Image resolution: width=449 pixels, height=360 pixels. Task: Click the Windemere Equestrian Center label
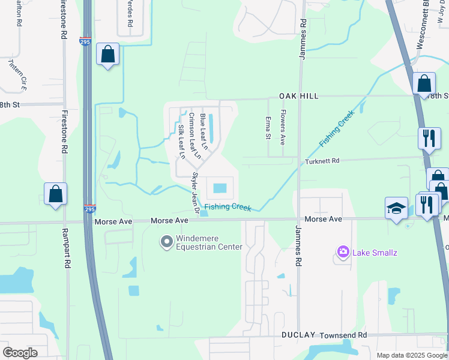[x=209, y=242]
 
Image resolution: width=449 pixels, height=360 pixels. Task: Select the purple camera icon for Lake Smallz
[x=343, y=252]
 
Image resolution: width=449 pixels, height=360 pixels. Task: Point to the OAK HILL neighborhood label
[x=298, y=96]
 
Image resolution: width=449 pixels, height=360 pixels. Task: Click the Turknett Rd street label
[x=322, y=161]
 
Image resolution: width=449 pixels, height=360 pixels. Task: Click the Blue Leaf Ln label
[x=203, y=131]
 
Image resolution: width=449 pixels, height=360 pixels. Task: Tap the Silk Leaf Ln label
[x=181, y=142]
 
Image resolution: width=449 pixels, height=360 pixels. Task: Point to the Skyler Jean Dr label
[x=194, y=192]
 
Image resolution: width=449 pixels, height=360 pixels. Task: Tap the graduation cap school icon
[x=396, y=208]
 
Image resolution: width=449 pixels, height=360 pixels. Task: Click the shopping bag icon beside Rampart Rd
[x=55, y=194]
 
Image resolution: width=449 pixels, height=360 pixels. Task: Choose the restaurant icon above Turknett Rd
[x=429, y=138]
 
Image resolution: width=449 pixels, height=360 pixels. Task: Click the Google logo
[x=20, y=353]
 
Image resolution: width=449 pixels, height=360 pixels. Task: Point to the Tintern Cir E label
[x=17, y=74]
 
